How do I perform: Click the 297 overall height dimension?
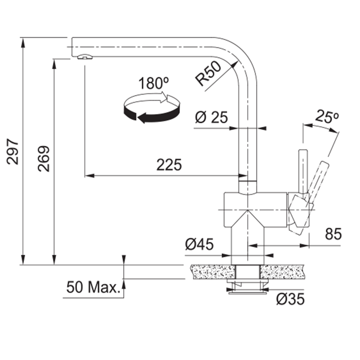pos(13,152)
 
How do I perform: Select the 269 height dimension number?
pos(44,159)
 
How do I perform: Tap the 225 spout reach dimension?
pos(169,165)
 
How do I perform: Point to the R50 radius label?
pos(208,73)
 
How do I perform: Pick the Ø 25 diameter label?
pos(211,117)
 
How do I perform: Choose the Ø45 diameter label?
pos(199,244)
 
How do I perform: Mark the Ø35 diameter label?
pos(290,299)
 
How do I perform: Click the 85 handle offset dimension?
pos(333,234)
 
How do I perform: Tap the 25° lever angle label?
pos(327,117)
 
